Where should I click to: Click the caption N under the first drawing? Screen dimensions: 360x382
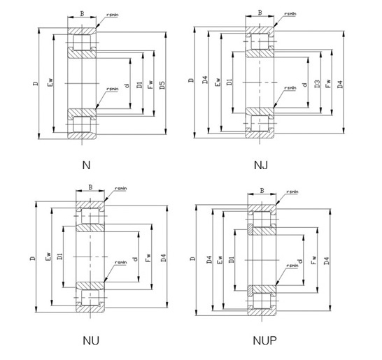[x=87, y=166]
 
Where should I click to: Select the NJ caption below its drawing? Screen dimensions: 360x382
[x=261, y=166]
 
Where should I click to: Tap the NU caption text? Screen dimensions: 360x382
[x=90, y=340]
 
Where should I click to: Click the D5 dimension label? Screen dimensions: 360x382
[x=162, y=86]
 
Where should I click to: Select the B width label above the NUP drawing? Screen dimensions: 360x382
[x=262, y=190]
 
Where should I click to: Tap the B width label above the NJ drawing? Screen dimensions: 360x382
[x=260, y=12]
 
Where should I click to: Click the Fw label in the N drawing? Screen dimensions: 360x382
[x=150, y=85]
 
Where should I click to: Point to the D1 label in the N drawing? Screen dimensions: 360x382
[x=139, y=85]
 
